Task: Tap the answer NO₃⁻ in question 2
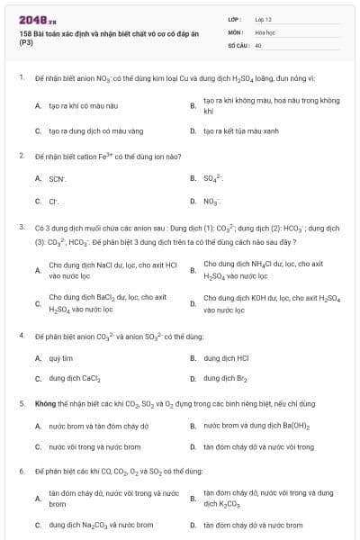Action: pyautogui.click(x=211, y=202)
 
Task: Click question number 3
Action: pyautogui.click(x=22, y=228)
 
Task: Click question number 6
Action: pyautogui.click(x=22, y=471)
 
